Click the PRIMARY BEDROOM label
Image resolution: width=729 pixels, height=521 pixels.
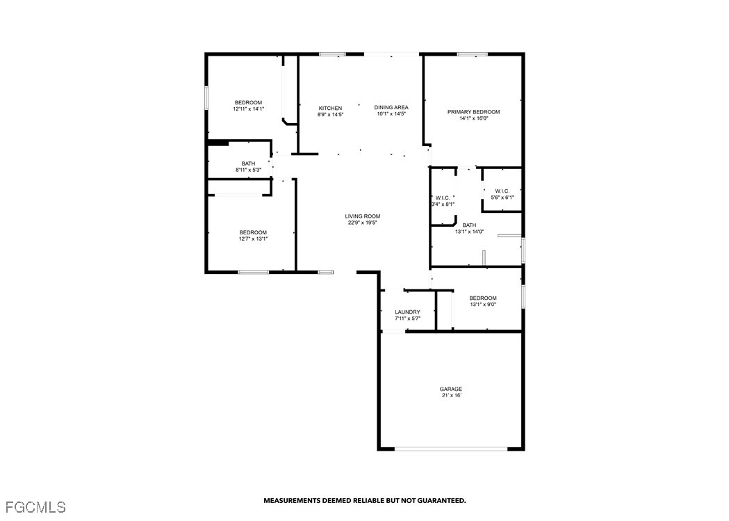coord(473,112)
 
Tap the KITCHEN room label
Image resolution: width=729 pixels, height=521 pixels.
coord(330,109)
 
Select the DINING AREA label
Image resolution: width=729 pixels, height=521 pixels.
coord(391,107)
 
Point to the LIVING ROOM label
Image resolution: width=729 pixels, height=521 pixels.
coord(362,216)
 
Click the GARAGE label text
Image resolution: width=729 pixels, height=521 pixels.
coord(451,390)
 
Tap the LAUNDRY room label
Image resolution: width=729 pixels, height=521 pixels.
coord(407,312)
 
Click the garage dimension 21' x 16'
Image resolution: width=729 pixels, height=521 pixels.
coord(452,396)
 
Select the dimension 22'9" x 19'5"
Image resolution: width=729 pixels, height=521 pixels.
coord(362,223)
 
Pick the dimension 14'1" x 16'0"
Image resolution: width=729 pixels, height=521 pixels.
coord(474,119)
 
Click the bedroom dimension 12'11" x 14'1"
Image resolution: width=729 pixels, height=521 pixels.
coord(248,109)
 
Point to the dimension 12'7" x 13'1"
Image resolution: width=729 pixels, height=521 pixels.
coord(253,239)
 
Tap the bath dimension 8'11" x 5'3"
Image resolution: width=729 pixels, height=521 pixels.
coord(248,170)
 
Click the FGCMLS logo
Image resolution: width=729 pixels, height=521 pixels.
coord(36,506)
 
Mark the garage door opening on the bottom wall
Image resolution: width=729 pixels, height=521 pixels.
coord(451,449)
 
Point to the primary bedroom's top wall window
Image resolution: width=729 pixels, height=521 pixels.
coord(473,54)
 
